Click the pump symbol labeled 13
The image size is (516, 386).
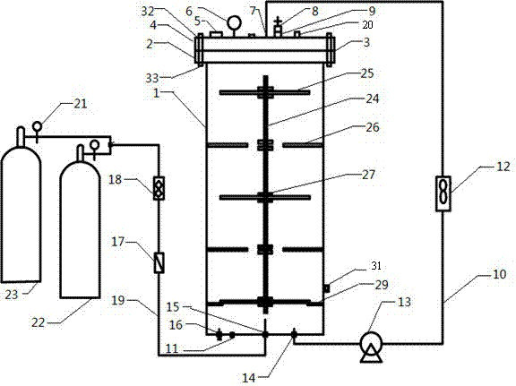(371, 347)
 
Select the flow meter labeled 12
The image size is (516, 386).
(443, 193)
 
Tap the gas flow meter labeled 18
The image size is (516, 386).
(159, 188)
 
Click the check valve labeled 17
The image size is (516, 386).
(159, 262)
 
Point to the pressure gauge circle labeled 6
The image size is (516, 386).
(234, 23)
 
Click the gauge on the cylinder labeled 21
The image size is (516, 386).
(37, 126)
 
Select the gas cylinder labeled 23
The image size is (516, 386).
(21, 205)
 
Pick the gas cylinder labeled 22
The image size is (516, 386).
(80, 222)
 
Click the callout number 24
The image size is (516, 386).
(373, 99)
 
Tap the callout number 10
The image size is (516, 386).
(499, 274)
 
